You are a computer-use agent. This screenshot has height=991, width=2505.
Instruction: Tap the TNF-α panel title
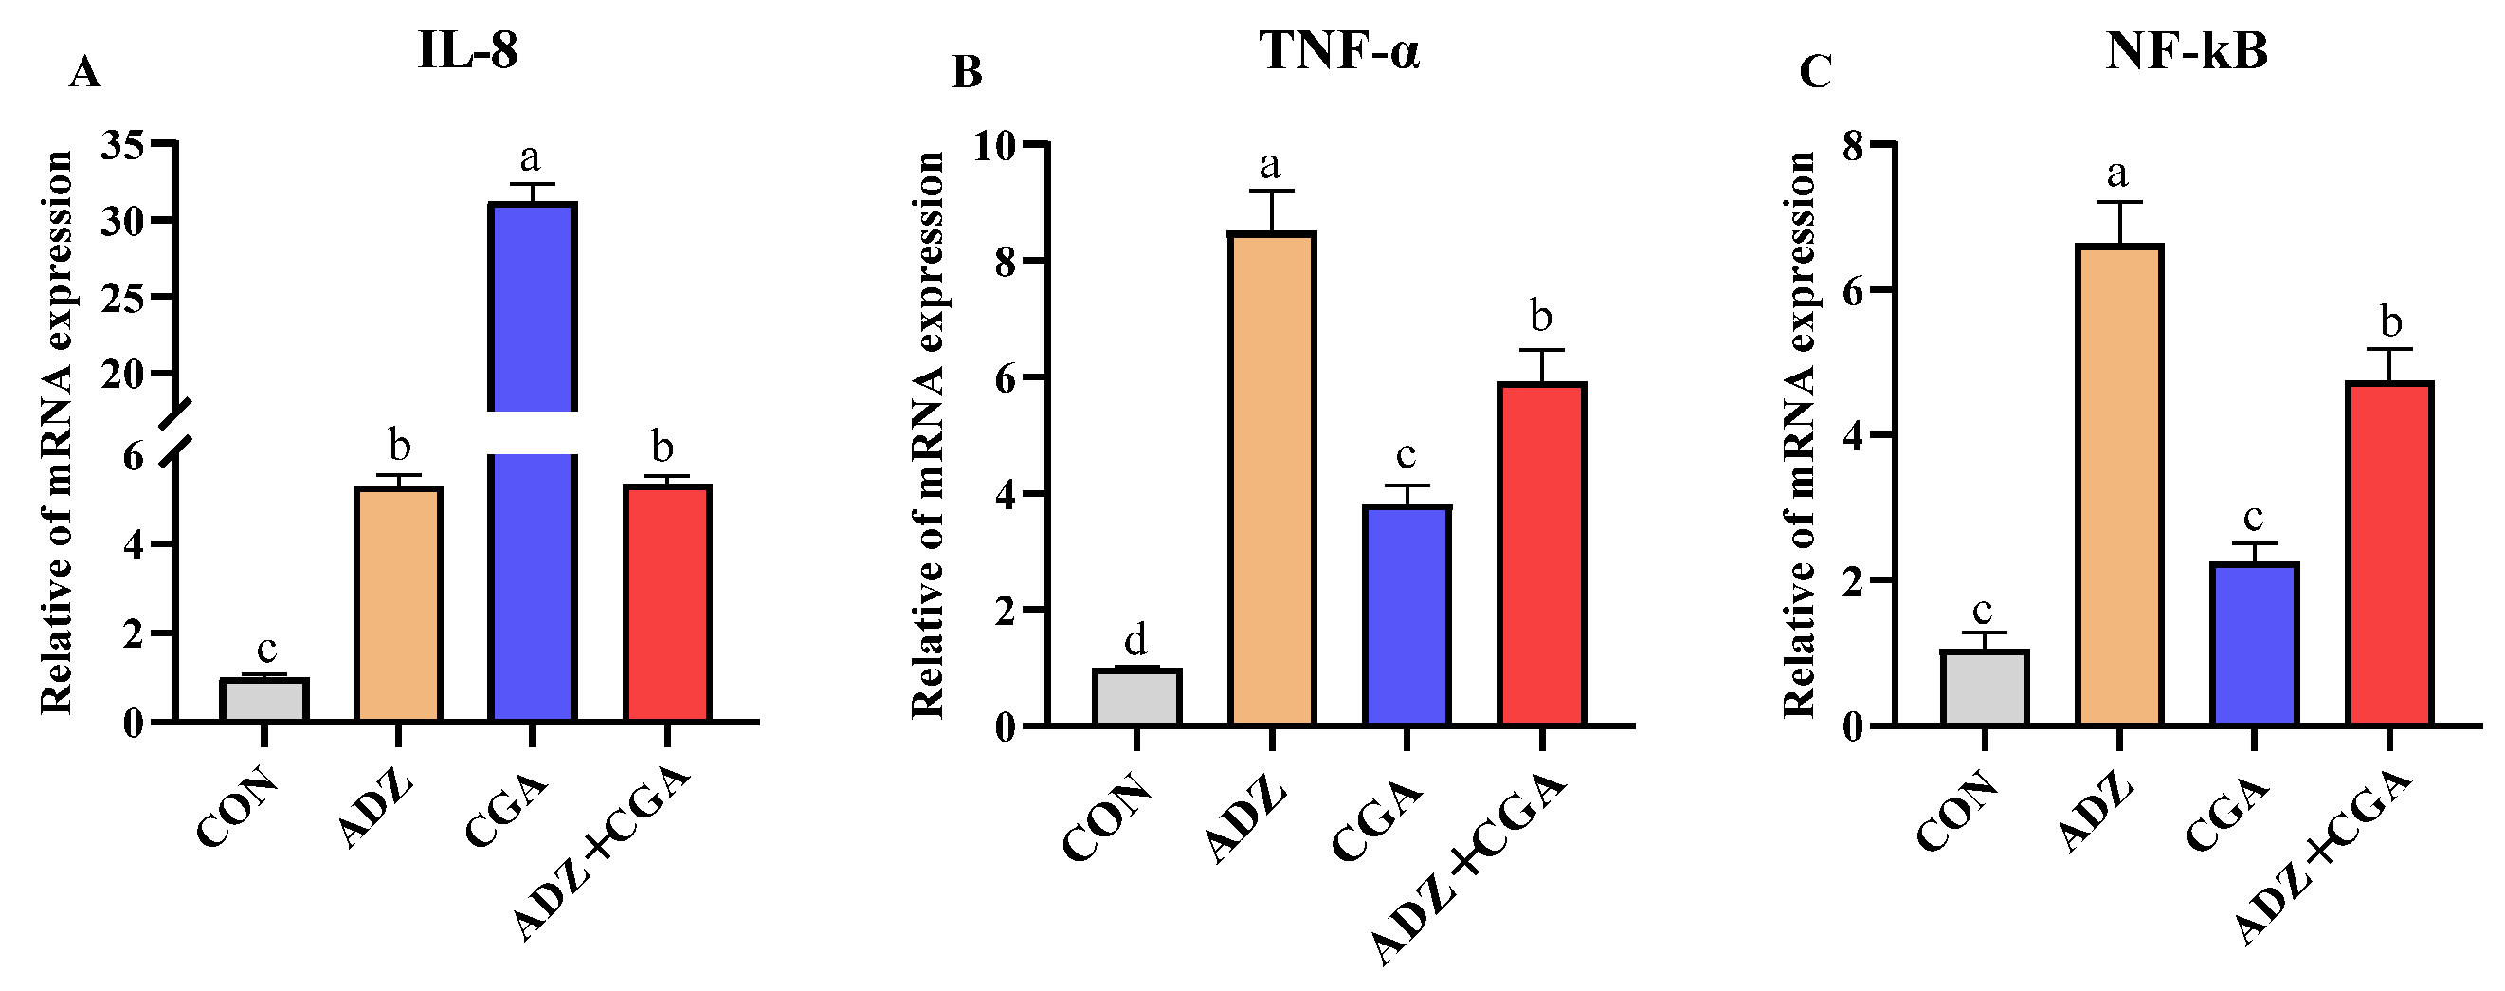[1340, 50]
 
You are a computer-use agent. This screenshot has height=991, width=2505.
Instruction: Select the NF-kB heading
[2186, 50]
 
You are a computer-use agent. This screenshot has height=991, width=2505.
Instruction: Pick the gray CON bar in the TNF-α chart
[1136, 696]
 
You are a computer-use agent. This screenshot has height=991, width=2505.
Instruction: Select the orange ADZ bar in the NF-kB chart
[2119, 486]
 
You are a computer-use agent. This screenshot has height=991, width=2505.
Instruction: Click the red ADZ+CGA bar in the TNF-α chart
[1542, 555]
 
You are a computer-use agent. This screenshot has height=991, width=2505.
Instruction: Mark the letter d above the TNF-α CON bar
[1135, 641]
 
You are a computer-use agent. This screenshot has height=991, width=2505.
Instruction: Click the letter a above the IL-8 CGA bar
[530, 156]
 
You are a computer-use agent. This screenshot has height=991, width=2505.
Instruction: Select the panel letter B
[967, 73]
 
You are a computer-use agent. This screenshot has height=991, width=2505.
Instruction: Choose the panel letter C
[1816, 73]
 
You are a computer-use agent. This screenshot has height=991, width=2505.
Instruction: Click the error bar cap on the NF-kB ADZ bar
[2119, 202]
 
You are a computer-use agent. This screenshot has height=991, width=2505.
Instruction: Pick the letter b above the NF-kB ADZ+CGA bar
[2390, 321]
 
